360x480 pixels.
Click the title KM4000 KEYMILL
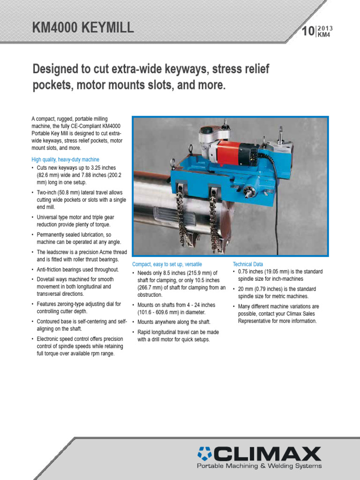[83, 28]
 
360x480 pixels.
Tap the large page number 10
[307, 32]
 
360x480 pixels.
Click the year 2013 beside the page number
[325, 29]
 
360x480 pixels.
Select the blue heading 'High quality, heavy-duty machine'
[65, 159]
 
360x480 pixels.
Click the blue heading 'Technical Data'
[248, 264]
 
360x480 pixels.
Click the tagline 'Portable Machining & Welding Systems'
[259, 466]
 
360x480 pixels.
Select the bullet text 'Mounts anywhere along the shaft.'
[173, 322]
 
